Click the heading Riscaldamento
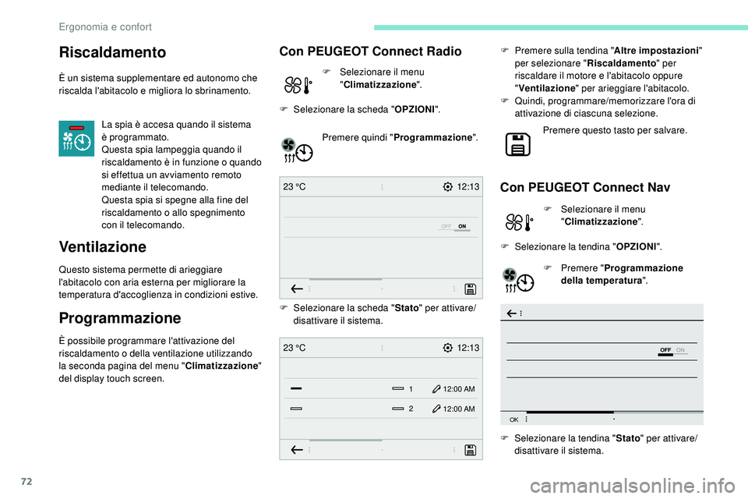[112, 52]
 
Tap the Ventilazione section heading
[102, 247]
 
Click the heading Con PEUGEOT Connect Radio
[370, 51]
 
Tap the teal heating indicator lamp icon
[76, 138]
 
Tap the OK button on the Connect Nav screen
[514, 419]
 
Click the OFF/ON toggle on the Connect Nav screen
[672, 351]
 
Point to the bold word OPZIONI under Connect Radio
[415, 108]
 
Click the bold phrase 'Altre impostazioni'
[659, 49]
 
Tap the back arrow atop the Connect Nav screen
[513, 313]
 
